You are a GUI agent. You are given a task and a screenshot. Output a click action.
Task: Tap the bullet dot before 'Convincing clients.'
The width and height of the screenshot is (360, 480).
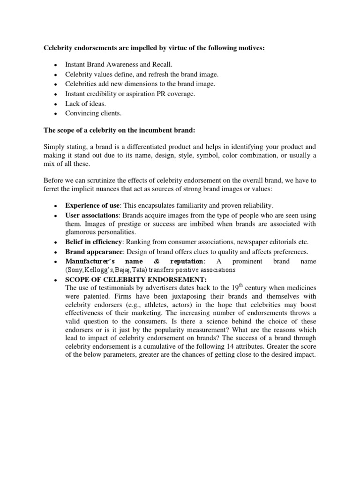coord(56,113)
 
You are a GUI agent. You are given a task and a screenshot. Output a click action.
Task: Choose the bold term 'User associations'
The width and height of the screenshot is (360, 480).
coord(91,216)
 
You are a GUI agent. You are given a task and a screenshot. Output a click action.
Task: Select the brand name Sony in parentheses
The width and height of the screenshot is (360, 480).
coord(75,270)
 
